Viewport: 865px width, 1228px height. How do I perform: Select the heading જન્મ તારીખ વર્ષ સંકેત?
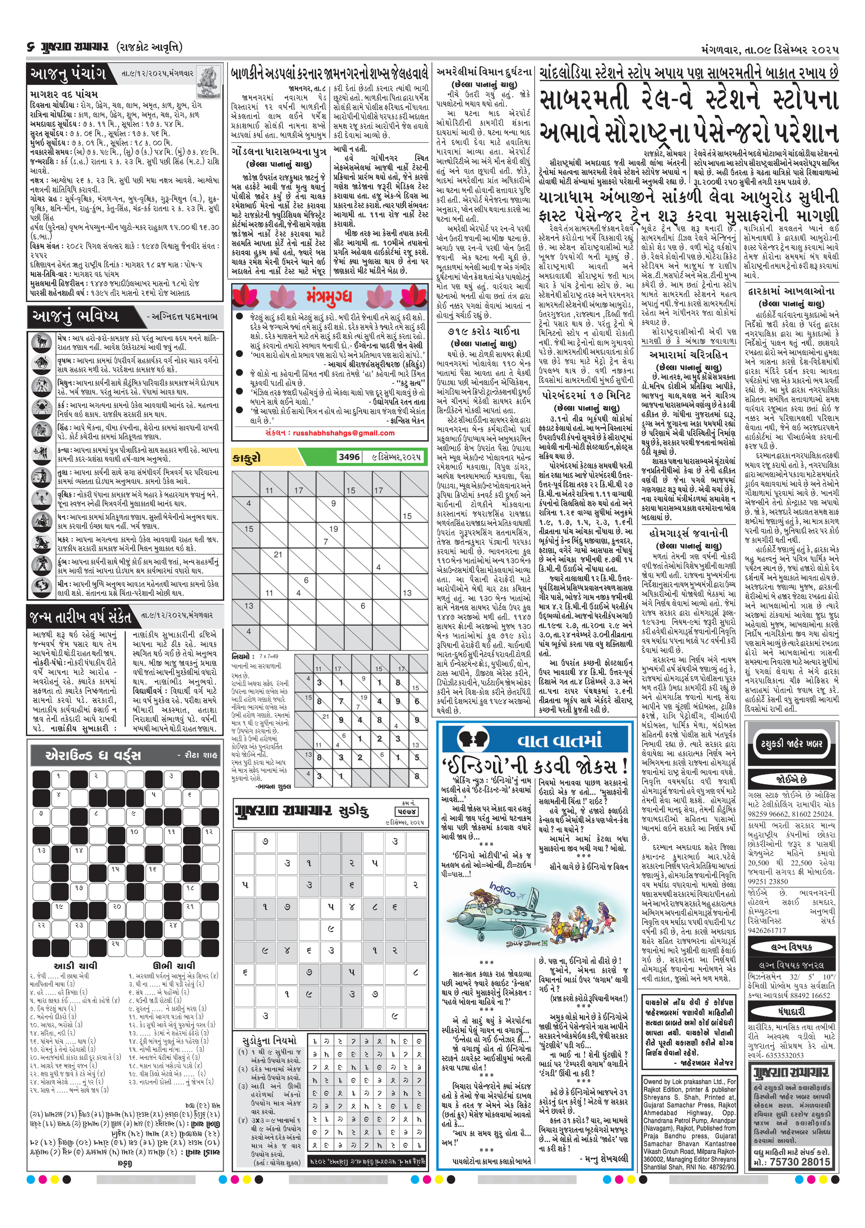80,616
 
